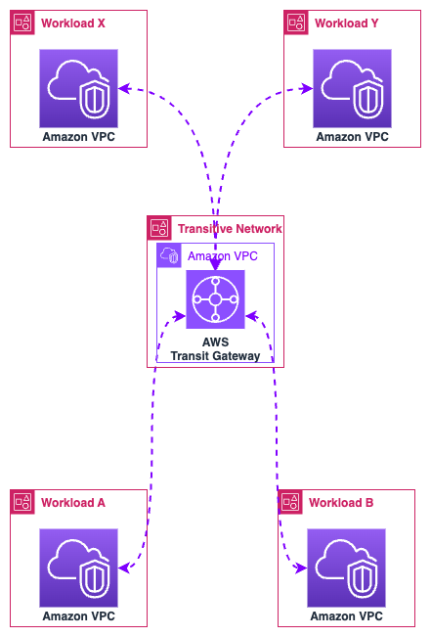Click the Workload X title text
(73, 23)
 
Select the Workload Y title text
(347, 23)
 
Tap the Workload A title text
(73, 503)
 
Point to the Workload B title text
(341, 503)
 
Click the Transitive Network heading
(230, 229)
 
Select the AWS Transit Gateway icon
(215, 299)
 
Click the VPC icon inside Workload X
(79, 89)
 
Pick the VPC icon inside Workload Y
(352, 89)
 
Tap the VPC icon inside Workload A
(79, 568)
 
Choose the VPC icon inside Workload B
(347, 568)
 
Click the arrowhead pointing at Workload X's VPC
(124, 88)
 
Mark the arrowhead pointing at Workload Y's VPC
(307, 88)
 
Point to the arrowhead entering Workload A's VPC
(124, 568)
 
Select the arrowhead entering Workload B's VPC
(301, 568)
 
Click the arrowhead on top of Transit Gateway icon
(215, 265)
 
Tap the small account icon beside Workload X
(22, 23)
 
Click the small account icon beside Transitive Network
(159, 228)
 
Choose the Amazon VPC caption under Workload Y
(352, 137)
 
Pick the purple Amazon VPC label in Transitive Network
(223, 256)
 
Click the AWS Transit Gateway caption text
(215, 349)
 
